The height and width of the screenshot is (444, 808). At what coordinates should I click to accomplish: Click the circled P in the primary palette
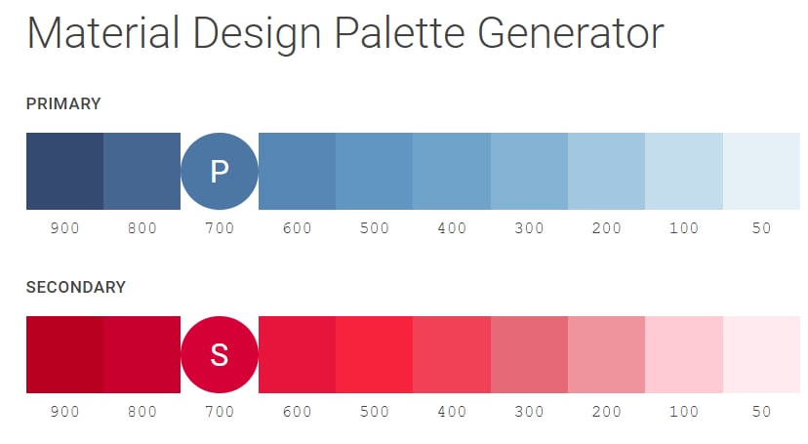(x=220, y=171)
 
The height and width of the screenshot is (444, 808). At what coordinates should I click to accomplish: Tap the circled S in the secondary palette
(x=220, y=354)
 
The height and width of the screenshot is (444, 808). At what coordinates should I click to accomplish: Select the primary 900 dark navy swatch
(x=64, y=171)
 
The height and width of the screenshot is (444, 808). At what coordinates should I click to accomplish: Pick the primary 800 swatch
(x=141, y=171)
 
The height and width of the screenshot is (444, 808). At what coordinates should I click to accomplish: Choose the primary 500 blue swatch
(x=374, y=171)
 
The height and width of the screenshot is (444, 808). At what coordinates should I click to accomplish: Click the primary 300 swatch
(x=529, y=171)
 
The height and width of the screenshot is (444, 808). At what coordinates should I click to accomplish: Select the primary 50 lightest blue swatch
(x=761, y=171)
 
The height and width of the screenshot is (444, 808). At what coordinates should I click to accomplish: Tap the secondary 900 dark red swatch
(x=64, y=354)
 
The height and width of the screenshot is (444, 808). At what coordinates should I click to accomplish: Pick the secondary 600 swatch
(x=297, y=354)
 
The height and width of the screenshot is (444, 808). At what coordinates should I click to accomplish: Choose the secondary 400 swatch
(x=452, y=354)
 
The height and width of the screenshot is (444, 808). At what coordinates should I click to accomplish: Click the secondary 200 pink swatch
(x=606, y=354)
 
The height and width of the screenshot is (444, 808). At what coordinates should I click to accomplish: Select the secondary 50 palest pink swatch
(x=761, y=354)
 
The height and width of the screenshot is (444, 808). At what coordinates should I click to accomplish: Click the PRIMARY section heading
(x=63, y=103)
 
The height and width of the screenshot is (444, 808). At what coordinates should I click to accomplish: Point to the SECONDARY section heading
(x=76, y=287)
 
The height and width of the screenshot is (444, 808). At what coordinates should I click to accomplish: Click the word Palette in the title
(x=399, y=34)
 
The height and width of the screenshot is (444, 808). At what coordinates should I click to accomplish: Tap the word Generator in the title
(x=571, y=34)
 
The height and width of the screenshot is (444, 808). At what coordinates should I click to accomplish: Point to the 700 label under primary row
(x=220, y=228)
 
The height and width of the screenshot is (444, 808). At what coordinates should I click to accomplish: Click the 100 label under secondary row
(x=684, y=412)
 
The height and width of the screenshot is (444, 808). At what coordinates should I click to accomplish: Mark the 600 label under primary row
(x=297, y=228)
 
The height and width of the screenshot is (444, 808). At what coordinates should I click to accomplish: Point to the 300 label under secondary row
(x=529, y=412)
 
